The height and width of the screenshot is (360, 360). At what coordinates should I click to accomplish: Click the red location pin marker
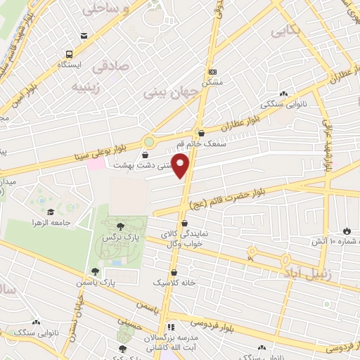click(x=181, y=167)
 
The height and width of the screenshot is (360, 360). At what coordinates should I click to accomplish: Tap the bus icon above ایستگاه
click(x=69, y=54)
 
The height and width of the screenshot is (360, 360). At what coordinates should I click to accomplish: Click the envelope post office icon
click(x=84, y=36)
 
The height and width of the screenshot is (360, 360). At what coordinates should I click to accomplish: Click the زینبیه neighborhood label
click(x=89, y=87)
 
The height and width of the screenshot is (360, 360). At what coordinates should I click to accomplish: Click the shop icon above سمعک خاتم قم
click(x=202, y=133)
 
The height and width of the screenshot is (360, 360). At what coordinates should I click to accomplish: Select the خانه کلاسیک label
click(x=173, y=282)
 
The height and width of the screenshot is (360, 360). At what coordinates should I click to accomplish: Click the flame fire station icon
click(x=346, y=231)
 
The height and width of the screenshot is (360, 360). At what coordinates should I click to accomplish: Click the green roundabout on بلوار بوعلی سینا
click(x=149, y=141)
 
